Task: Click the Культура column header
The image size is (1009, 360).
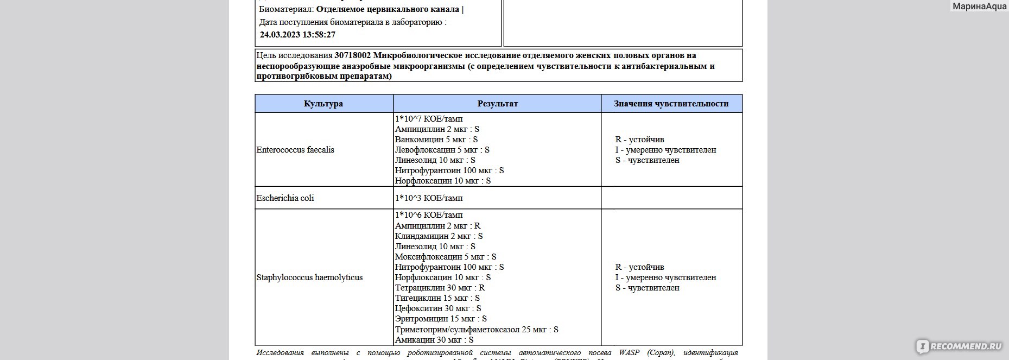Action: [x=323, y=104]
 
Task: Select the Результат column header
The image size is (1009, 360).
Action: [x=497, y=104]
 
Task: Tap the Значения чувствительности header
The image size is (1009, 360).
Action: [x=671, y=104]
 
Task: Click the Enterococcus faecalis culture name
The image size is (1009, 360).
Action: [x=295, y=150]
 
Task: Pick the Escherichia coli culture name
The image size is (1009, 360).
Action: [x=285, y=198]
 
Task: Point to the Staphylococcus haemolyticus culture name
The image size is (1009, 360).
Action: [x=309, y=277]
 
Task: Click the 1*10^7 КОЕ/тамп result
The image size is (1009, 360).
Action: [x=429, y=119]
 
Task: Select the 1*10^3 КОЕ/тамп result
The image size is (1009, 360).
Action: [x=429, y=198]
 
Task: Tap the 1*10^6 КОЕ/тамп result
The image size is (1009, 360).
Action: [x=429, y=215]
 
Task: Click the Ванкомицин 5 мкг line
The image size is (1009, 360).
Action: [x=436, y=140]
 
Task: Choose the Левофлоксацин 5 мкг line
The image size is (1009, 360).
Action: [x=442, y=150]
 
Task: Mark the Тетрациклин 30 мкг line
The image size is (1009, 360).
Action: [x=440, y=288]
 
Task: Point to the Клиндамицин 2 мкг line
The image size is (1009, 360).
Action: [x=439, y=236]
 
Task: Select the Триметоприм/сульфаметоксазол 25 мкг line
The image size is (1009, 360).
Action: [x=477, y=330]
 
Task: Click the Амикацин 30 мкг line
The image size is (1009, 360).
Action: [x=434, y=340]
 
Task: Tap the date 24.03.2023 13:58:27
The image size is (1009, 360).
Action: [x=297, y=35]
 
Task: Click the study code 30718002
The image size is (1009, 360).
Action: [x=353, y=55]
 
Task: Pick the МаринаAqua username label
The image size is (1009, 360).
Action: [x=979, y=7]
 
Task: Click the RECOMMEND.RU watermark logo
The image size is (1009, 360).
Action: [x=959, y=346]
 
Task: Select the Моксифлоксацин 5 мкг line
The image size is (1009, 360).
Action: [x=446, y=257]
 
